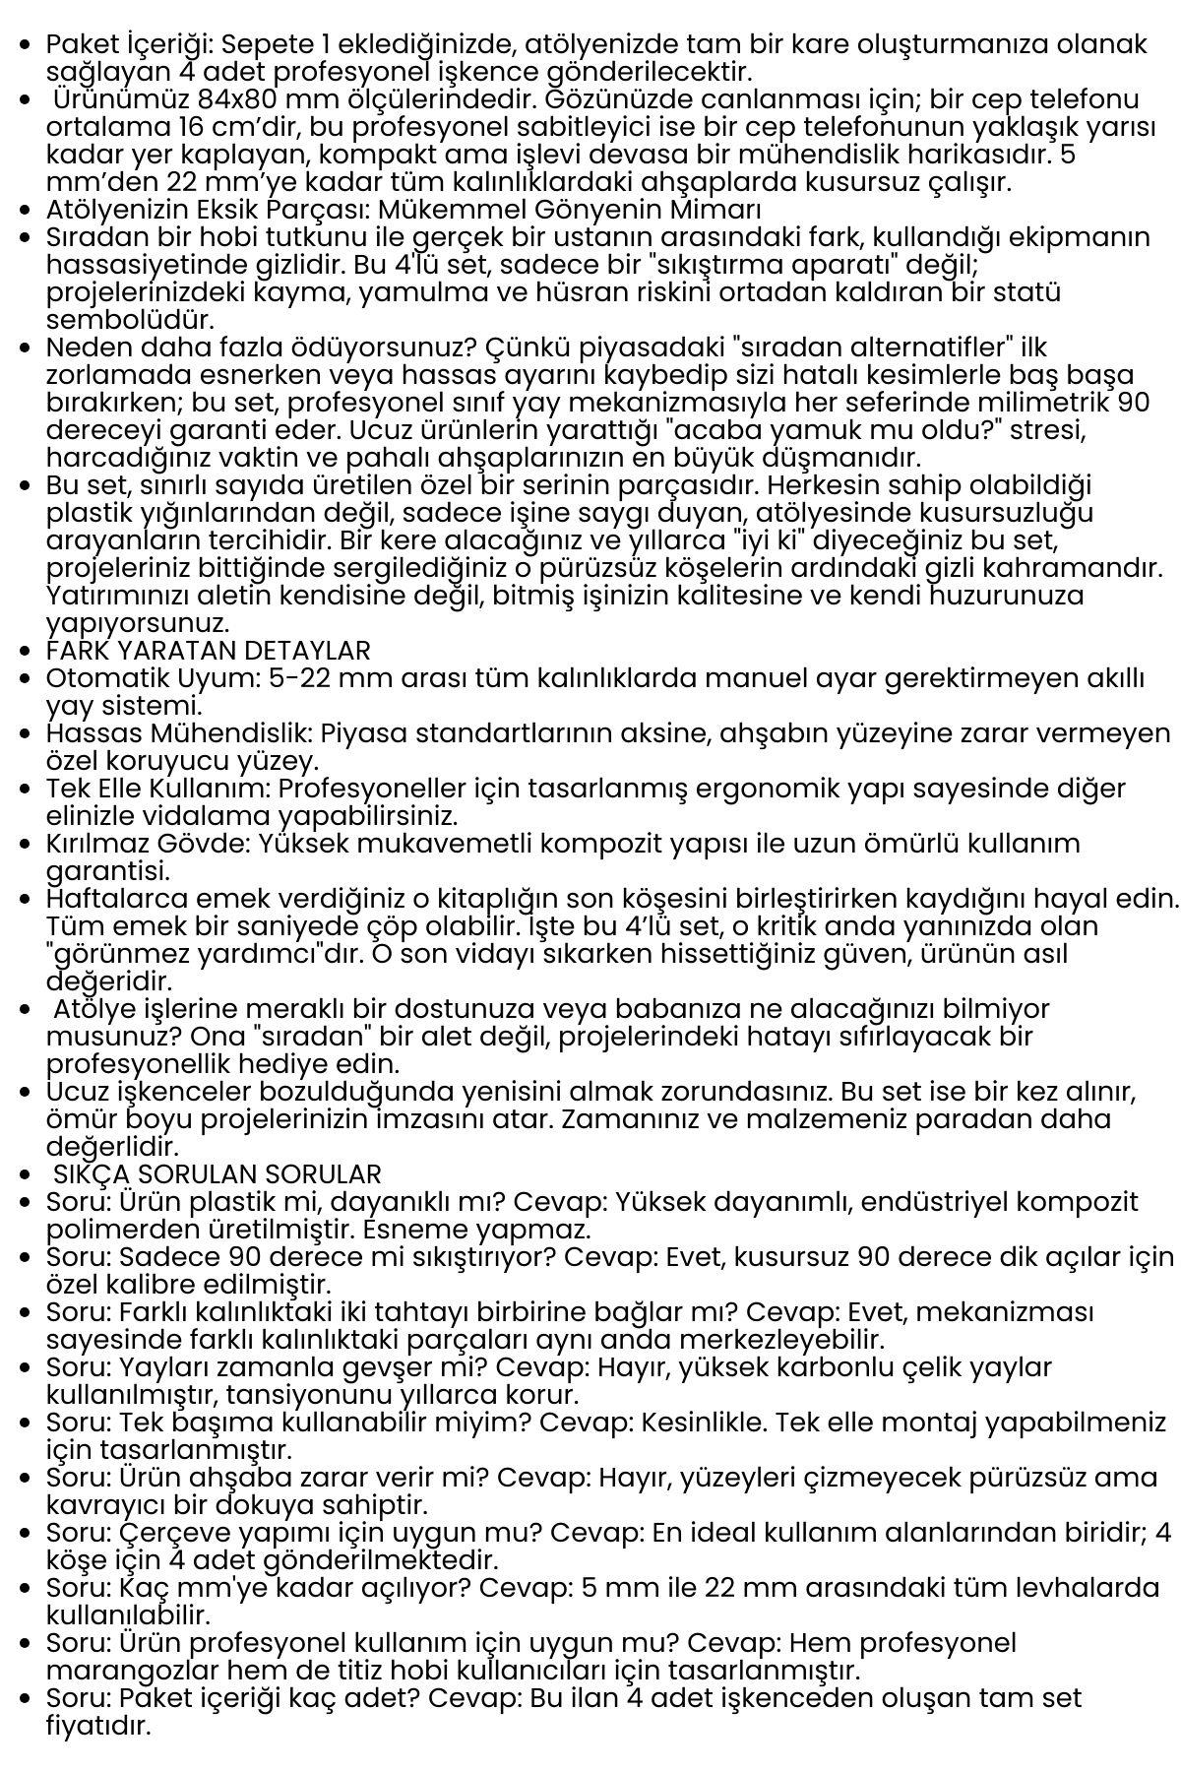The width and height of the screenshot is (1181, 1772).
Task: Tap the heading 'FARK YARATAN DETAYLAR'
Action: click(209, 651)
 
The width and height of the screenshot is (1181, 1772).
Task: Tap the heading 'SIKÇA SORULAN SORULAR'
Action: click(218, 1174)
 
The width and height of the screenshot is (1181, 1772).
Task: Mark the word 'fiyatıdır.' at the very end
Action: click(98, 1726)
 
